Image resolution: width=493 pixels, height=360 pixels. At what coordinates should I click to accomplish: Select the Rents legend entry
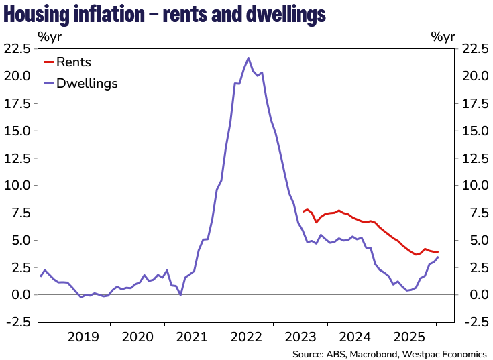[74, 63]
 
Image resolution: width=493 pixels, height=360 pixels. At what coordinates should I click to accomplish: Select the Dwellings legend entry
[87, 84]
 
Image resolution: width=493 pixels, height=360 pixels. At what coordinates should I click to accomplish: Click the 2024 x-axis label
[356, 337]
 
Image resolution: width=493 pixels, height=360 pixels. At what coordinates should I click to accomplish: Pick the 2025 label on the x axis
[410, 337]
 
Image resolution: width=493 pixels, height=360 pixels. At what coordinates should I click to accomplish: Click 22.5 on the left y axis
[17, 49]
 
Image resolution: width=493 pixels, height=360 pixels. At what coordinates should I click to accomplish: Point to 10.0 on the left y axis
[17, 185]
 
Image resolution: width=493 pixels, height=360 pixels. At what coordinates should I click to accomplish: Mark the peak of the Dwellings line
[249, 58]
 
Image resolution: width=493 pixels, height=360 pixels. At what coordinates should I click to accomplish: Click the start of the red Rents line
[303, 212]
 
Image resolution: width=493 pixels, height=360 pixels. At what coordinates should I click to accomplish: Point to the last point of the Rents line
[438, 252]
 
